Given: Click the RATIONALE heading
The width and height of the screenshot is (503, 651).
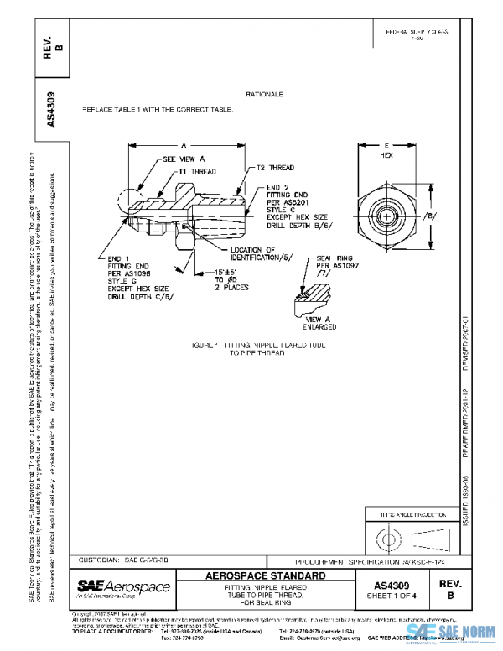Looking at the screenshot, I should coord(265,95).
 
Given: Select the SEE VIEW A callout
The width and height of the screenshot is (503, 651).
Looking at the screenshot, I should coord(184,158).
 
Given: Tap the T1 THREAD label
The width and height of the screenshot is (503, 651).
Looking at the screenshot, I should coord(197,171).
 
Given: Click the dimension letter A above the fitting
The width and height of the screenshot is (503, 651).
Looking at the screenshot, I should coord(183,143).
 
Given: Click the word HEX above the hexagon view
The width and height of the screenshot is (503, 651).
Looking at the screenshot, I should coord(386,155).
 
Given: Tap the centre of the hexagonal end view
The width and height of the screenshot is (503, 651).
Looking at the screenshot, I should coord(386,217).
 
